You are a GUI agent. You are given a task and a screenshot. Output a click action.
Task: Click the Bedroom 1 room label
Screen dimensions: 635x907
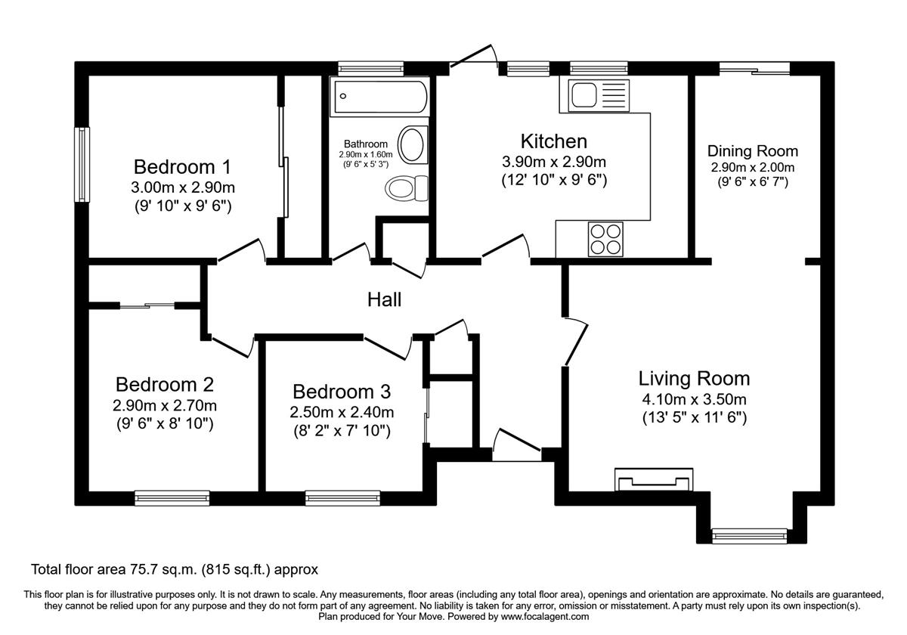pos(182,166)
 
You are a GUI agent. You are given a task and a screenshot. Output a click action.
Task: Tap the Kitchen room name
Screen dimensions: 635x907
pos(553,141)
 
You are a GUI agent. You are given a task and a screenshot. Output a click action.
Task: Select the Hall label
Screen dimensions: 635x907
pos(384,299)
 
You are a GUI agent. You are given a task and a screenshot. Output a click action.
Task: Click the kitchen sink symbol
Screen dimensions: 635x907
pos(594,96)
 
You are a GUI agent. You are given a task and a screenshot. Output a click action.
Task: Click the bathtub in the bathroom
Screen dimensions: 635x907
pos(380,97)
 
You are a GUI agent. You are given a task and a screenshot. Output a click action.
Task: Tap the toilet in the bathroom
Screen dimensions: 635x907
pos(405,187)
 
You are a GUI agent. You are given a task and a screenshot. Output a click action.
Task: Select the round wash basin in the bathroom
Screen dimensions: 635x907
pos(412,145)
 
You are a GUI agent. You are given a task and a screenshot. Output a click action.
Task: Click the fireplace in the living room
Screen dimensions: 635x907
pos(654,479)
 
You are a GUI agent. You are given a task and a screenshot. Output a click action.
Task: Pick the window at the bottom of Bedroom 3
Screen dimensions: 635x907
pos(332,497)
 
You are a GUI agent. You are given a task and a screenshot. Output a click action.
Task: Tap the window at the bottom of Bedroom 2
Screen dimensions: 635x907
pos(172,497)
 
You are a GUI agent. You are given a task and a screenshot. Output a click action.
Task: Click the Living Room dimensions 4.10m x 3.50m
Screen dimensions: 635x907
pos(693,399)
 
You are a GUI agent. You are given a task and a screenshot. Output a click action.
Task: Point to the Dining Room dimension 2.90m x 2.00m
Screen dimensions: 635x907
pos(752,167)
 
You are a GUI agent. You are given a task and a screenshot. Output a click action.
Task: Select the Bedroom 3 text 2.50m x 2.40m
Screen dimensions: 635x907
pos(342,412)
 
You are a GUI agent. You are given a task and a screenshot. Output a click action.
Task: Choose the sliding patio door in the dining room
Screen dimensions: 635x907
pos(754,69)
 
